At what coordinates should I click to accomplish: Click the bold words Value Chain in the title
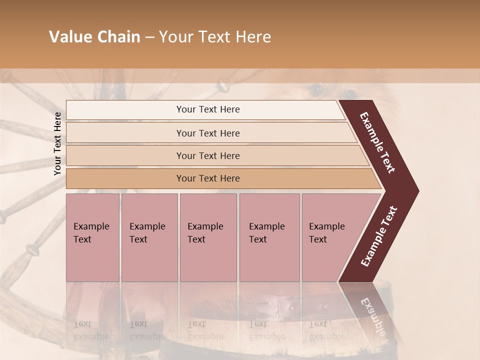click(94, 37)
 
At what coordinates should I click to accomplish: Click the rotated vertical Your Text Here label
click(57, 143)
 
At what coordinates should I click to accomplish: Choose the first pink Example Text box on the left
click(92, 237)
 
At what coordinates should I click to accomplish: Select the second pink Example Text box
click(149, 237)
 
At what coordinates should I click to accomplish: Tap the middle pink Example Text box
click(208, 237)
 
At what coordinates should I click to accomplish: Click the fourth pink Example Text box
click(269, 237)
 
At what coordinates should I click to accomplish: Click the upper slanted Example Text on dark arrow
click(378, 142)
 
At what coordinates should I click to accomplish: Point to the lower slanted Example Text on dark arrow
click(379, 236)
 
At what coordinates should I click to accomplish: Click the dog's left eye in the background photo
click(315, 90)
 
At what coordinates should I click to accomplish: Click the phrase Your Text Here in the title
click(215, 37)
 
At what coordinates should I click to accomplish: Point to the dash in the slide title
click(149, 37)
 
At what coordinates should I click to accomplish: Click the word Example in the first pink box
click(91, 226)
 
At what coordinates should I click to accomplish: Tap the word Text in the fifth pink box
click(318, 239)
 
